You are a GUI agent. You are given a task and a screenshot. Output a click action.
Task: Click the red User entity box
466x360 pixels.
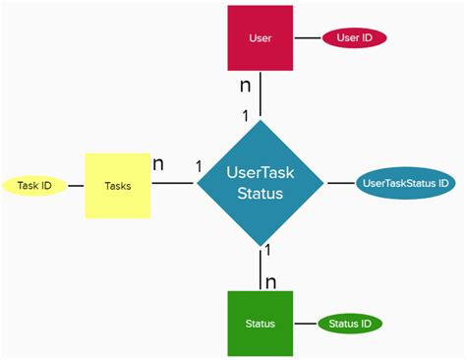(260, 38)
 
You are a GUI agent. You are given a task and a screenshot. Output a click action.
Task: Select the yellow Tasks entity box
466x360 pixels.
(117, 185)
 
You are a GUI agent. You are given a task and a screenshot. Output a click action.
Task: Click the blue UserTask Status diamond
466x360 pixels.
(261, 183)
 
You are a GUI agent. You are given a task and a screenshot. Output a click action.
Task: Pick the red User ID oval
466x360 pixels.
(354, 38)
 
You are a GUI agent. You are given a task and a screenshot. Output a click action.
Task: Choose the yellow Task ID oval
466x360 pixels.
(34, 185)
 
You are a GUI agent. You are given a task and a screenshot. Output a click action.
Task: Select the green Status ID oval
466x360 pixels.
(350, 323)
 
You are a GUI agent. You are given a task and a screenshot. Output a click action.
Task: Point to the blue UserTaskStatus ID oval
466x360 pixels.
(405, 183)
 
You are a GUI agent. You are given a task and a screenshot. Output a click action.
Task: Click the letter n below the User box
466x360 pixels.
(246, 87)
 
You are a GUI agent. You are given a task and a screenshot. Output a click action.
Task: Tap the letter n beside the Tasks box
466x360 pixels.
(158, 163)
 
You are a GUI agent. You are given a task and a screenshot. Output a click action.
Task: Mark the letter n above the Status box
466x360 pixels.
(271, 282)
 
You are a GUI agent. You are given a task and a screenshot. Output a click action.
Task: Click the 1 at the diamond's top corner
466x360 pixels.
(246, 115)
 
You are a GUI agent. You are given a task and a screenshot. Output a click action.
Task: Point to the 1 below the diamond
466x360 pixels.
(268, 252)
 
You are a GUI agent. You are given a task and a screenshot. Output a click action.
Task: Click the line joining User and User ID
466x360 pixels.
(307, 38)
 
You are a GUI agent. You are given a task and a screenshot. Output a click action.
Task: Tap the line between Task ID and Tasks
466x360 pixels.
(75, 185)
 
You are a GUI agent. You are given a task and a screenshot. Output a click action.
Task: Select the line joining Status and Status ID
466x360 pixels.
(305, 323)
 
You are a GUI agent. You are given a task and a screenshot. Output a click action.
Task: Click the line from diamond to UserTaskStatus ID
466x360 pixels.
(338, 183)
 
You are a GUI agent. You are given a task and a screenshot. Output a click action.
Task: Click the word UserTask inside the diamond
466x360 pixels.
(261, 171)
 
